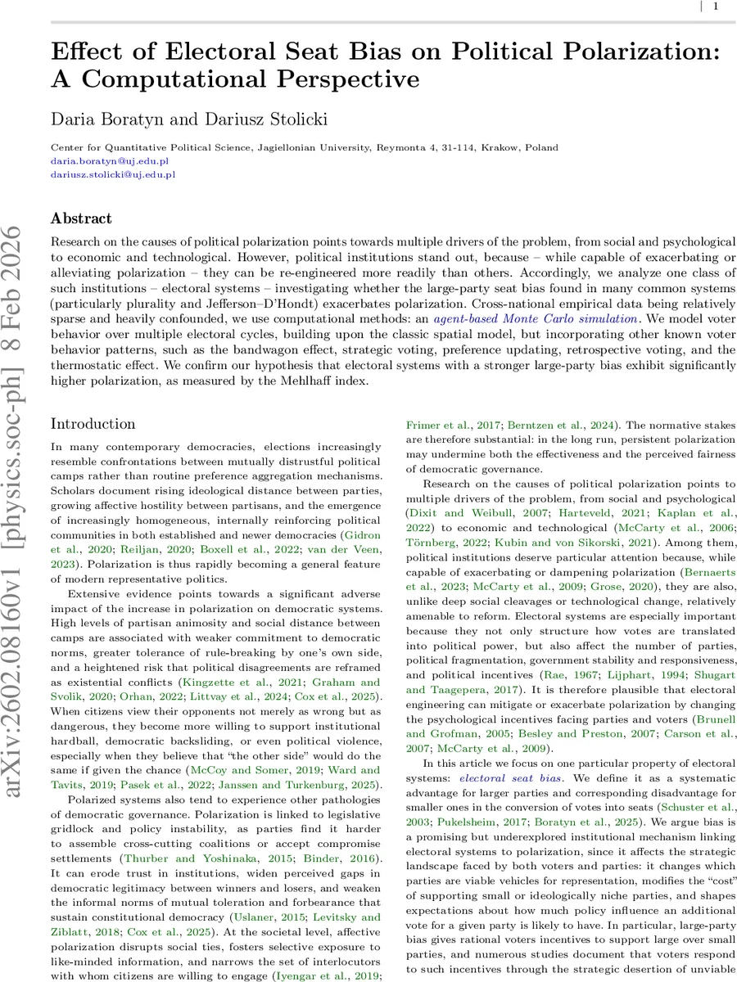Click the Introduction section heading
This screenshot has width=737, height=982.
(x=93, y=423)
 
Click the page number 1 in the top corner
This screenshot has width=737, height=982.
(x=716, y=7)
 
